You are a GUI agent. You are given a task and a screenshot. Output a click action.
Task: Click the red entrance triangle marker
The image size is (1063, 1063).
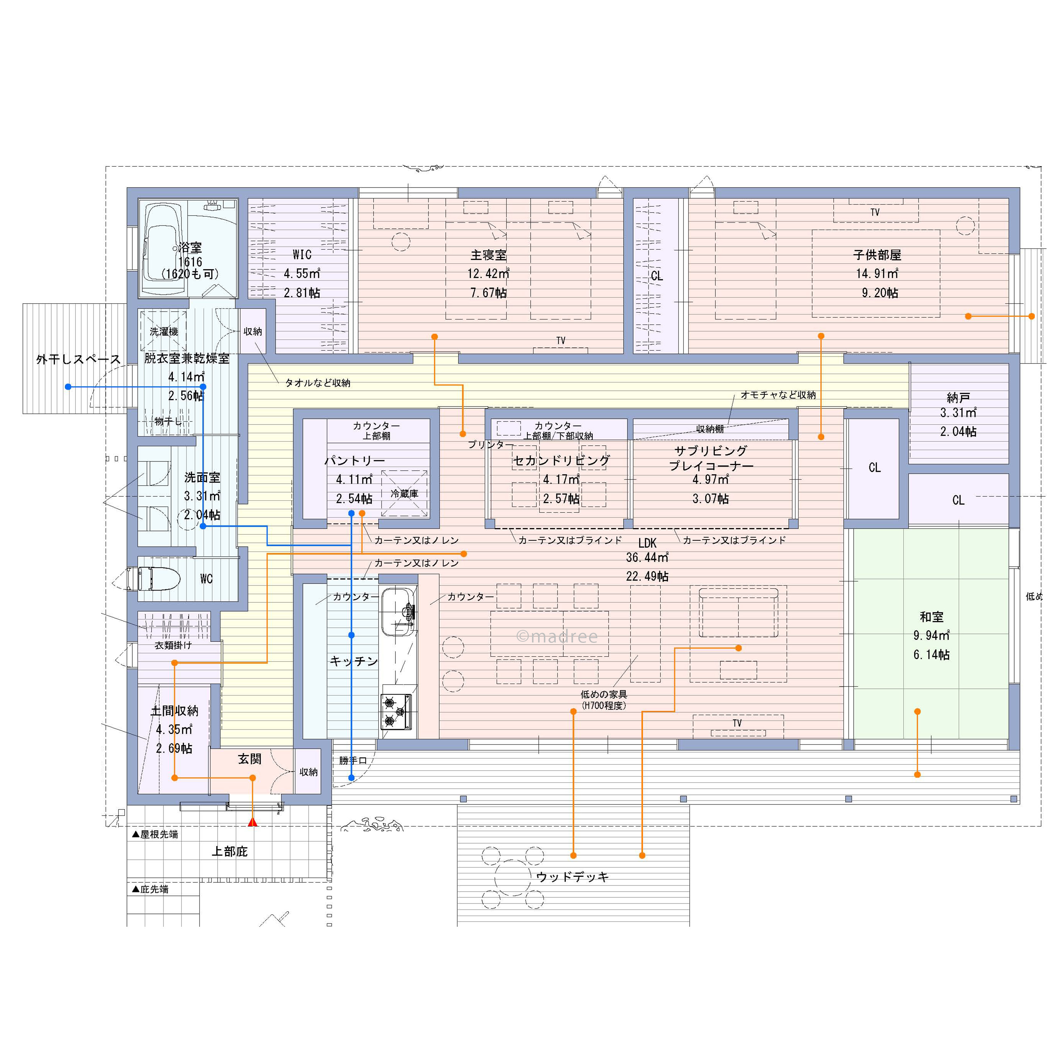[252, 822]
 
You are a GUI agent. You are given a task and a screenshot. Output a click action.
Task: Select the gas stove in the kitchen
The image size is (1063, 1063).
[396, 711]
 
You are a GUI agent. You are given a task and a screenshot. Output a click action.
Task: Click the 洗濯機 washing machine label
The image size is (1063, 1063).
[164, 332]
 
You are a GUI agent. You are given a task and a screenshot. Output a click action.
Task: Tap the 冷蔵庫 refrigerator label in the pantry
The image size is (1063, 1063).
[404, 494]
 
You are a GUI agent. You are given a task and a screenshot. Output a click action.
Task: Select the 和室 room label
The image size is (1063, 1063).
[931, 617]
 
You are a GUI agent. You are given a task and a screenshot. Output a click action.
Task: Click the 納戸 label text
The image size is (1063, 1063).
[958, 397]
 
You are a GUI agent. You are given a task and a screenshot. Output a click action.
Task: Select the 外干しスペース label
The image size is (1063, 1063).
[78, 359]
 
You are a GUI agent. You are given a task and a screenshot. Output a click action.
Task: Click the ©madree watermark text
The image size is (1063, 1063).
[557, 637]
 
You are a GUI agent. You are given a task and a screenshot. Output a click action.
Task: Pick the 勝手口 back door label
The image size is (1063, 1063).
[353, 760]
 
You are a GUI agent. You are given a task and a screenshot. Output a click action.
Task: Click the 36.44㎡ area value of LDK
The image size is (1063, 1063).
[647, 557]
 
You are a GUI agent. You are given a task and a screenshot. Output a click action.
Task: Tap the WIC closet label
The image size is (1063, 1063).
[302, 255]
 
